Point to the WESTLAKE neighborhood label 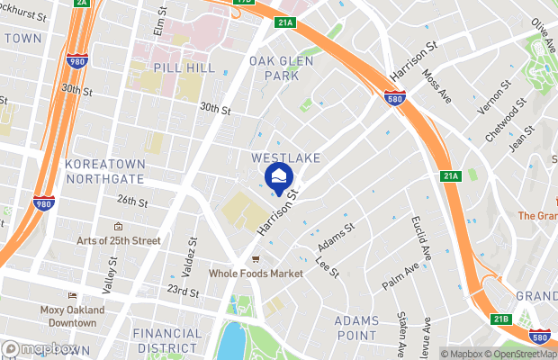(286, 157)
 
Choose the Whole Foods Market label (256, 273)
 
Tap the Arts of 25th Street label (118, 240)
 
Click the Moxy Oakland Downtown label (72, 316)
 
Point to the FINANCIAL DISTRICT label (167, 340)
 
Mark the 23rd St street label (182, 292)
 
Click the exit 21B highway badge (501, 319)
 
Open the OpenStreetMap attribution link (523, 353)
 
